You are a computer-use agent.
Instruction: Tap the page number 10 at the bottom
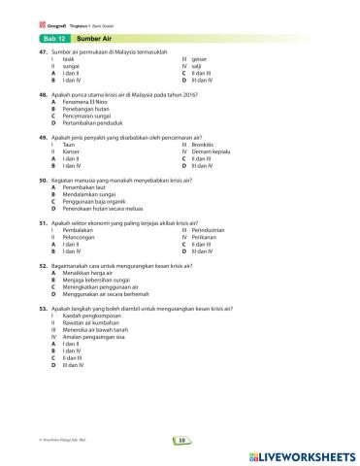[x=180, y=440]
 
